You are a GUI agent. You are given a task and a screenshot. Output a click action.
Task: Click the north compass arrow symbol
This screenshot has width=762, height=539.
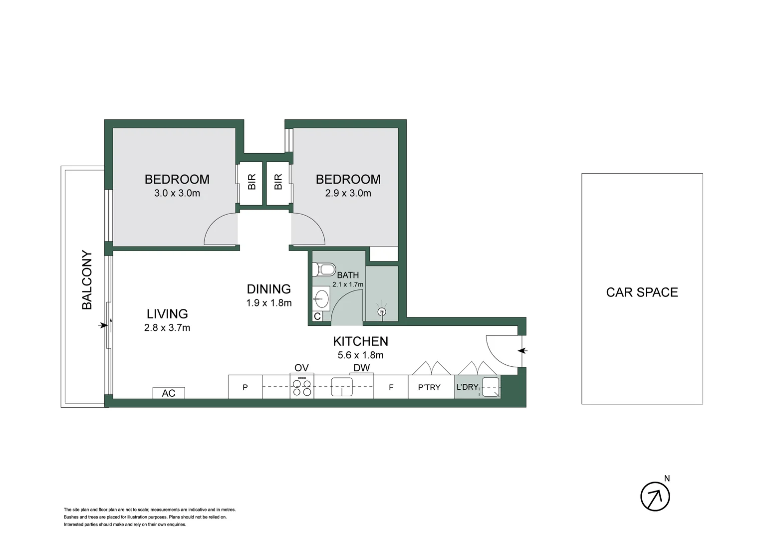tap(655, 496)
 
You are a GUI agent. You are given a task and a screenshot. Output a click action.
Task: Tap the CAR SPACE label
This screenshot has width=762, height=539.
tap(642, 292)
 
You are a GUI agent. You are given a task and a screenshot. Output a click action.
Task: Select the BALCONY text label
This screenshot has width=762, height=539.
tap(87, 280)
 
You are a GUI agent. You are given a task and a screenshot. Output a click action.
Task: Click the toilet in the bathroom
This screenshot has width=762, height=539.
tap(325, 269)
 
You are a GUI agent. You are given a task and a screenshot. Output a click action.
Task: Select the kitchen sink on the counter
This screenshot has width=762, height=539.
tap(342, 387)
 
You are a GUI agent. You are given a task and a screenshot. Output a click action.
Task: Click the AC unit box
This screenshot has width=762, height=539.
tap(169, 393)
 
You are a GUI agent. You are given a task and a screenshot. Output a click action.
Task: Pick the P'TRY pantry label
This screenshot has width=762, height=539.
tap(429, 387)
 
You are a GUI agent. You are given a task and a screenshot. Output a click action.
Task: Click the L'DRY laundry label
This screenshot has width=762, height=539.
tap(467, 387)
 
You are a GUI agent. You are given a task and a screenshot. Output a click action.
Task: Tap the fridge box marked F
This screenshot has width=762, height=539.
tap(391, 387)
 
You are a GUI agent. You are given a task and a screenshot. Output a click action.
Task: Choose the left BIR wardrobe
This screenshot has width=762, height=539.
tap(251, 182)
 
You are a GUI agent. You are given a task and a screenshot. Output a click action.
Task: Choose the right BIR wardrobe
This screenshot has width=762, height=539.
tap(278, 182)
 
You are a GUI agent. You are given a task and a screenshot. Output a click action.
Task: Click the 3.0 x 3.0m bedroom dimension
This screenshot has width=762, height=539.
tap(177, 193)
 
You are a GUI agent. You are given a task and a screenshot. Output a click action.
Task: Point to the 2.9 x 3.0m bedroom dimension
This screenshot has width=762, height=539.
tap(348, 193)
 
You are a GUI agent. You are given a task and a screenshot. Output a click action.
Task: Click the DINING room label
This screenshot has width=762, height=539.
tap(268, 289)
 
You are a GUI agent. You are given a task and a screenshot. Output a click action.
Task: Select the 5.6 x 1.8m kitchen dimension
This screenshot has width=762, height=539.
tap(360, 355)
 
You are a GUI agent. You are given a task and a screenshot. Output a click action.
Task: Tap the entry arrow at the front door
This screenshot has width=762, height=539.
tap(522, 351)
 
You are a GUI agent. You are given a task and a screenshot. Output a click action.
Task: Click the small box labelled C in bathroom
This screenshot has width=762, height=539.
tap(317, 316)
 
